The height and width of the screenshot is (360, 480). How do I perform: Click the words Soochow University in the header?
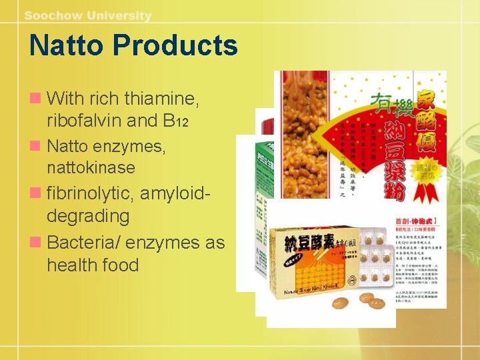(x=88, y=15)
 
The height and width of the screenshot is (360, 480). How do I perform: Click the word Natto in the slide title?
(x=66, y=46)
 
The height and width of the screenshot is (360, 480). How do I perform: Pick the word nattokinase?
(x=91, y=167)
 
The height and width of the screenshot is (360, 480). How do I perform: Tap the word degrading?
(x=88, y=216)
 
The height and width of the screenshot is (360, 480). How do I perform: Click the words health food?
(x=93, y=265)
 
